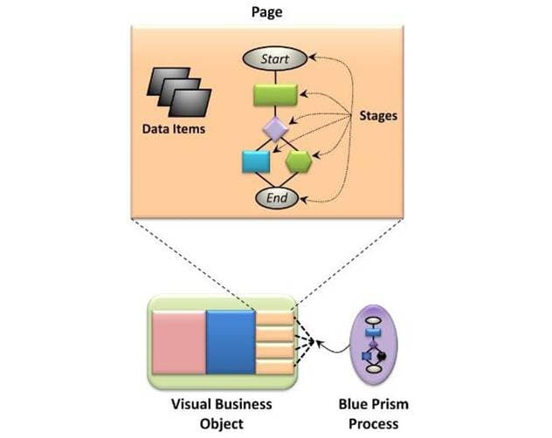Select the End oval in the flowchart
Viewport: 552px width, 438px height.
point(276,198)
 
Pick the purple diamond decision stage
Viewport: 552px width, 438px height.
point(276,130)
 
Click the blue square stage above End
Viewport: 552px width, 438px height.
point(257,163)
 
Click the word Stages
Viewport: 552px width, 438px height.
point(379,115)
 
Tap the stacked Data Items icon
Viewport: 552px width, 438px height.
point(178,93)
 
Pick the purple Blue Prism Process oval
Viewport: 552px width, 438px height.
point(374,339)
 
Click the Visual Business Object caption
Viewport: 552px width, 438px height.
point(221,414)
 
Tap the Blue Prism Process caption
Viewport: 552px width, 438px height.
point(373,414)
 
